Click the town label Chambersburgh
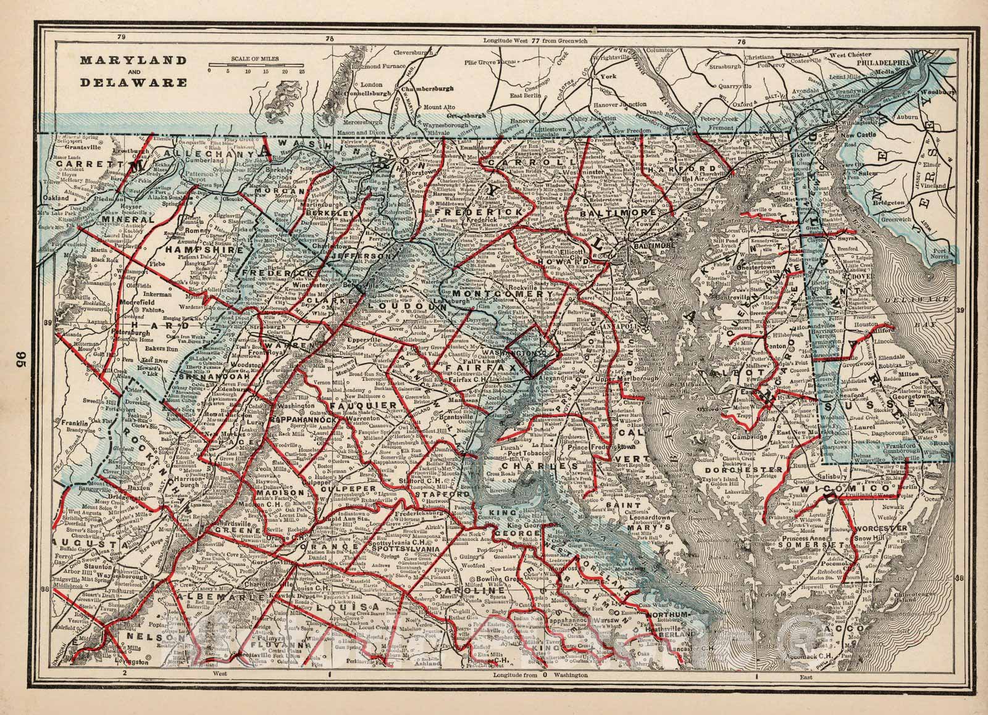tap(427, 88)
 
